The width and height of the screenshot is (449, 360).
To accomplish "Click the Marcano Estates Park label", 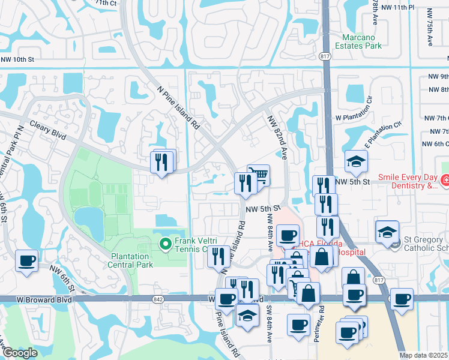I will (x=358, y=41).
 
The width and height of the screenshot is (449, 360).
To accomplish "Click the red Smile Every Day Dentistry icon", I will (x=445, y=180).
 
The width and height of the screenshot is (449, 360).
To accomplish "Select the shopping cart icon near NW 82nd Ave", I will (x=258, y=175).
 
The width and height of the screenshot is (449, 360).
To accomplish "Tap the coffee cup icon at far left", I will (x=26, y=261).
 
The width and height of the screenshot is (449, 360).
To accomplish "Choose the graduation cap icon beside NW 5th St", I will (x=355, y=161).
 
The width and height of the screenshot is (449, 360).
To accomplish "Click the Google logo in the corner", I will (x=20, y=353).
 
